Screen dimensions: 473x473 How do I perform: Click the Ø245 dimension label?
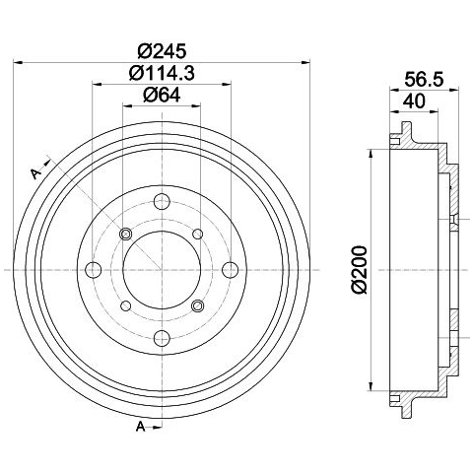(162, 51)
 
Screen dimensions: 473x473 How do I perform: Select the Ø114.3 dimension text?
(162, 73)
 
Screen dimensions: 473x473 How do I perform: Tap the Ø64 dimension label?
(162, 96)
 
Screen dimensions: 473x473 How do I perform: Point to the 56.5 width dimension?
(424, 80)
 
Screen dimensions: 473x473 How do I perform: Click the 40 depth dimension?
(414, 101)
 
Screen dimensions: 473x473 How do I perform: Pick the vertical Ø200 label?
(359, 270)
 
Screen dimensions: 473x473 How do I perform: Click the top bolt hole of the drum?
(162, 202)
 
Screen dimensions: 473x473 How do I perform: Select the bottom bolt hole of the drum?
(162, 338)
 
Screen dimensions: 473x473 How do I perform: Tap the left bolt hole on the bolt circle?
(94, 270)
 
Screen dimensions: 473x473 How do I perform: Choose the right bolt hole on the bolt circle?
(231, 270)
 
